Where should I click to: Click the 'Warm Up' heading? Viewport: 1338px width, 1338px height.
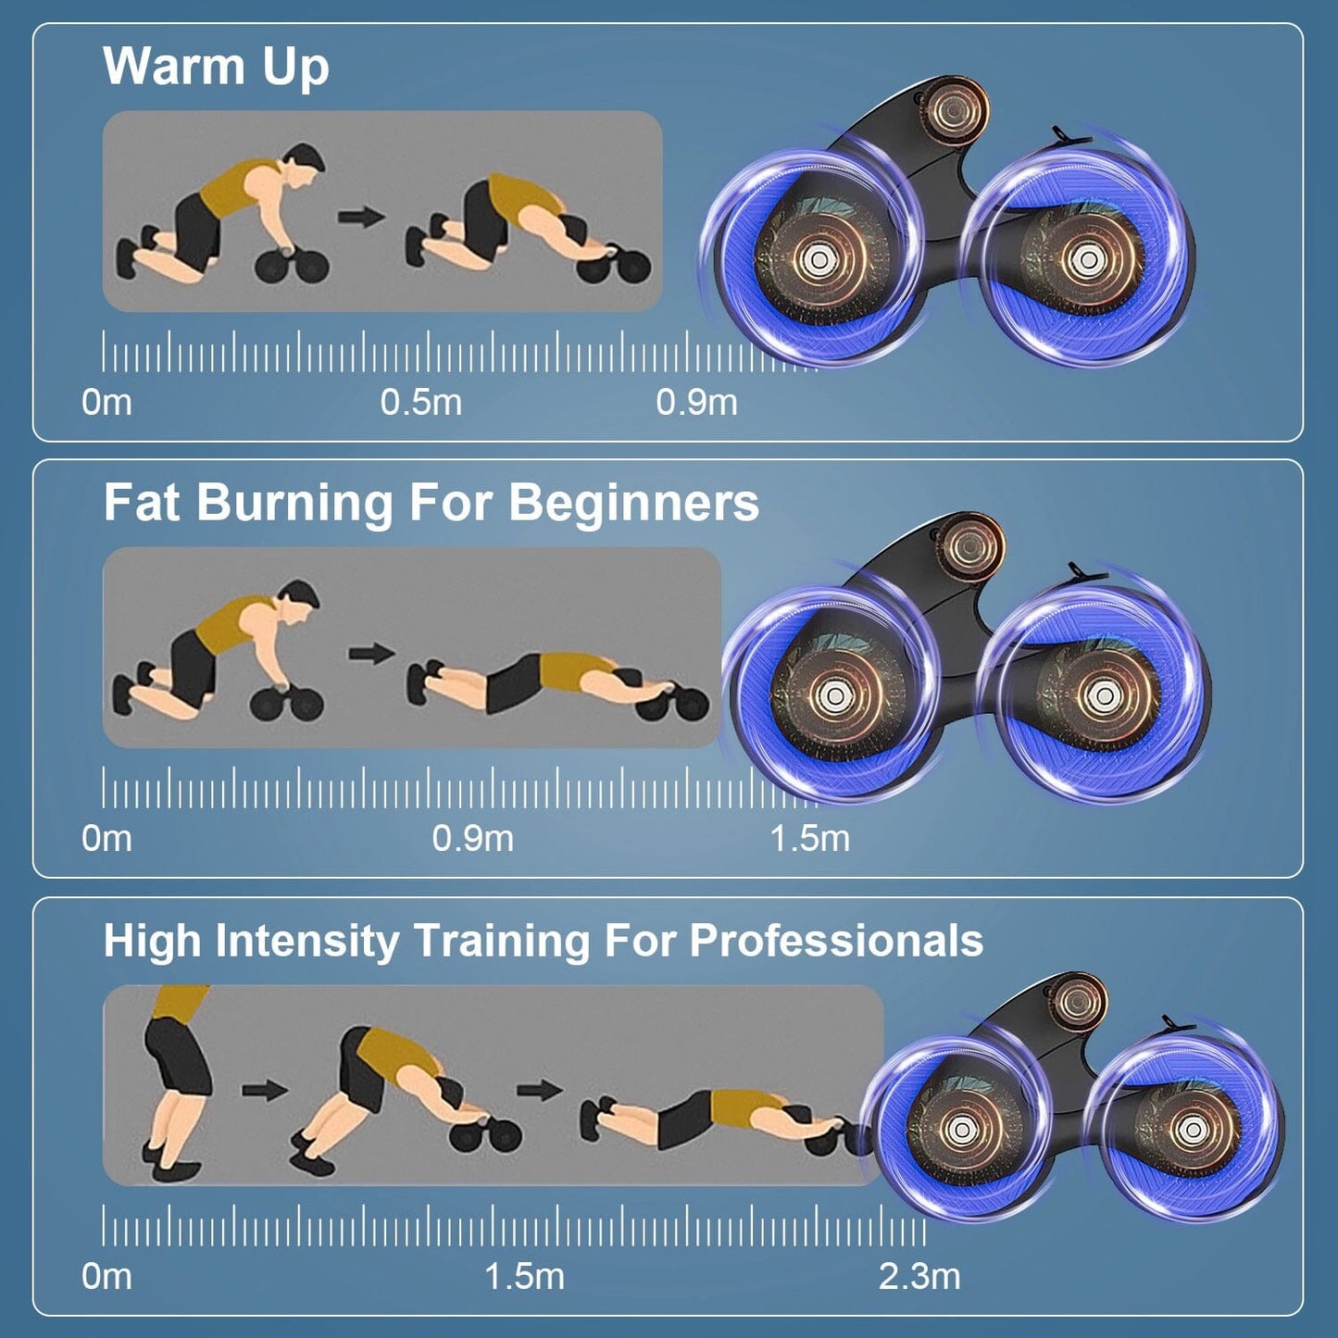[216, 67]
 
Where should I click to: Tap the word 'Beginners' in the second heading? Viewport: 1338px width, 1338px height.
[633, 503]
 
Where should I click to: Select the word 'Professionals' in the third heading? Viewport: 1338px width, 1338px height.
[836, 941]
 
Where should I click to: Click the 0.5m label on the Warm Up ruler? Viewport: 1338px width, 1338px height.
[420, 403]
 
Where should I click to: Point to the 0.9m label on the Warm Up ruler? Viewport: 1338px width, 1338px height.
[696, 403]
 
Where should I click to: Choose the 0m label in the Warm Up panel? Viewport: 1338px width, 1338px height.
[106, 403]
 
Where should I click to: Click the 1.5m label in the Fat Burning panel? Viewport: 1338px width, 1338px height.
[809, 839]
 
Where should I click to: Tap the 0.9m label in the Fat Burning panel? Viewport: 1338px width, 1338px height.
[472, 839]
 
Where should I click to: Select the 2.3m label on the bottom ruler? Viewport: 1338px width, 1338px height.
[919, 1276]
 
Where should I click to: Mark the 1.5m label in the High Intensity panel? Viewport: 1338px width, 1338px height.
[524, 1276]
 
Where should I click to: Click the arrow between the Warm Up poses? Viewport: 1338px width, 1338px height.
[361, 218]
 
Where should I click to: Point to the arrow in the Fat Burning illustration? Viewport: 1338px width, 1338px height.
[371, 654]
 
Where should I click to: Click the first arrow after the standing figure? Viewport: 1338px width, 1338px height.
[265, 1090]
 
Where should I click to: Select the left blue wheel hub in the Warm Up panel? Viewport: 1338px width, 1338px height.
[816, 260]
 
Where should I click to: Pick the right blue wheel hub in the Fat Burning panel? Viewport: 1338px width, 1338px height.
[1101, 696]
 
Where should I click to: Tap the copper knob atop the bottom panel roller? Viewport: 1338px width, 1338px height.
[1077, 1001]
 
